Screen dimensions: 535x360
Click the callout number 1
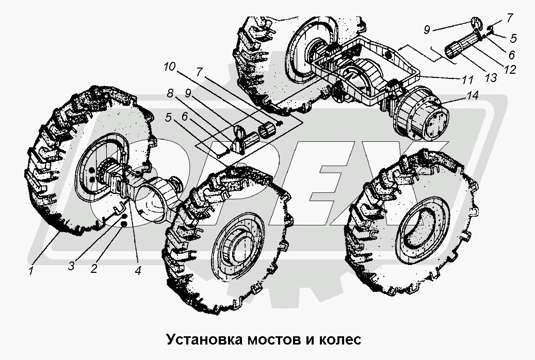pyautogui.click(x=31, y=271)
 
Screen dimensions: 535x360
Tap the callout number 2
pyautogui.click(x=93, y=268)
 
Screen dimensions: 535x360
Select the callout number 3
pyautogui.click(x=71, y=266)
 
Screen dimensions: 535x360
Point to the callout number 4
pyautogui.click(x=138, y=271)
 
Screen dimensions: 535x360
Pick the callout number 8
pyautogui.click(x=170, y=93)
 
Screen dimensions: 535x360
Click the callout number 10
pyautogui.click(x=170, y=67)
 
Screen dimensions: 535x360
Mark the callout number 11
pyautogui.click(x=467, y=80)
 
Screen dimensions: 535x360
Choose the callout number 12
pyautogui.click(x=510, y=69)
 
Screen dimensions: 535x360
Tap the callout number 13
pyautogui.click(x=491, y=78)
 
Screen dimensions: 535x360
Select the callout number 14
pyautogui.click(x=472, y=95)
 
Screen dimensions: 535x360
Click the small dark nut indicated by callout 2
pyautogui.click(x=124, y=224)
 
